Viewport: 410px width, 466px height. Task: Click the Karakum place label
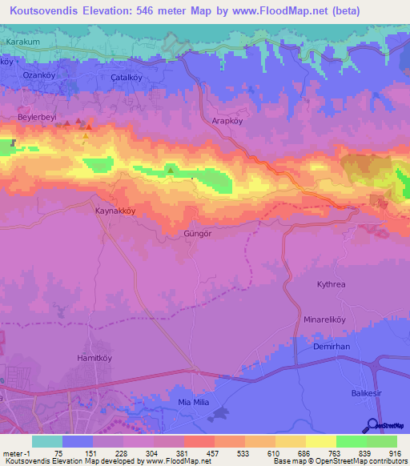click(x=22, y=40)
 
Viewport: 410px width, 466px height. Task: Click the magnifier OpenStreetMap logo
click(x=373, y=425)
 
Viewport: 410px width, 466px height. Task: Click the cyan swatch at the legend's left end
click(x=47, y=441)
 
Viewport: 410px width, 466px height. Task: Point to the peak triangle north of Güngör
click(x=170, y=169)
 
